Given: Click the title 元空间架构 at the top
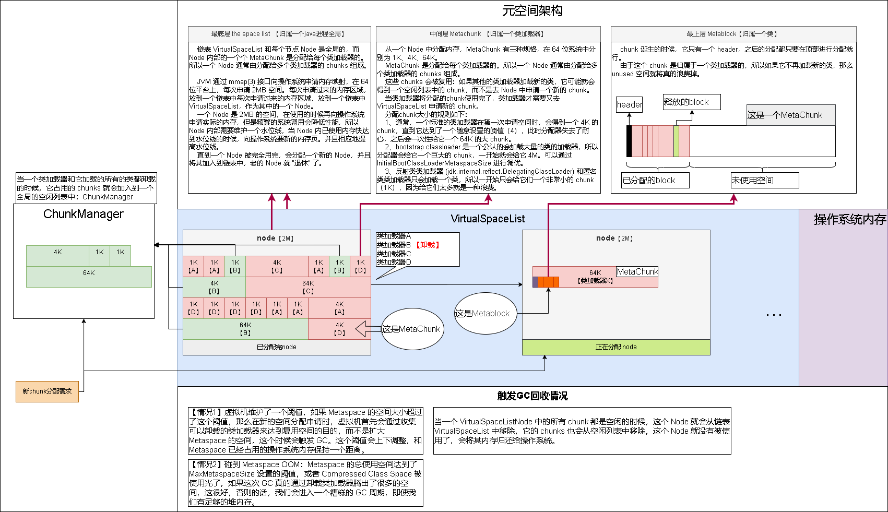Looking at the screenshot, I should pyautogui.click(x=532, y=11).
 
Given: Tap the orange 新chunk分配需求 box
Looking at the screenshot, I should pyautogui.click(x=47, y=391).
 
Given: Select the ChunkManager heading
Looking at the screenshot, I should pyautogui.click(x=84, y=214).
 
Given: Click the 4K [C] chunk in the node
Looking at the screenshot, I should pyautogui.click(x=277, y=266).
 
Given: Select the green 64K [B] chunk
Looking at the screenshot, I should pyautogui.click(x=245, y=329).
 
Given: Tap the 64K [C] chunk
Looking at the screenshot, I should pyautogui.click(x=308, y=287).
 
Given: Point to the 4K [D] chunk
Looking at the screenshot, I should pyautogui.click(x=339, y=329).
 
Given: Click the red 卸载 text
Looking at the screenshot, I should pyautogui.click(x=428, y=245).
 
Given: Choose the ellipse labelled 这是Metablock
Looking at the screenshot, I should pyautogui.click(x=486, y=313).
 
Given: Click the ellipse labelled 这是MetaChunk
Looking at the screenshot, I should pyautogui.click(x=412, y=329).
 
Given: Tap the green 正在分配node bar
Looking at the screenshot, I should pyautogui.click(x=616, y=347).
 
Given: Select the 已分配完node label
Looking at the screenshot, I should pyautogui.click(x=277, y=347).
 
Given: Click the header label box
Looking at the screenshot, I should pyautogui.click(x=629, y=104).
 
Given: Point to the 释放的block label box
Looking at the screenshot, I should pyautogui.click(x=691, y=102).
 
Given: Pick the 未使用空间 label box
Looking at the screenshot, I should pyautogui.click(x=765, y=180).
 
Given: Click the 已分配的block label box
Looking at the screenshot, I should pyautogui.click(x=655, y=180).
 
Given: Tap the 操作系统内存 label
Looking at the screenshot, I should pyautogui.click(x=850, y=220).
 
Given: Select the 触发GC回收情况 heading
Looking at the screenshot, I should pyautogui.click(x=532, y=396).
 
